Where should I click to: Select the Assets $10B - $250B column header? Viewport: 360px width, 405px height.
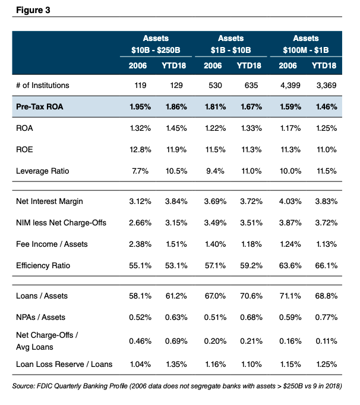pos(156,43)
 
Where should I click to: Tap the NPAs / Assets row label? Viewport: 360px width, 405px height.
pos(39,318)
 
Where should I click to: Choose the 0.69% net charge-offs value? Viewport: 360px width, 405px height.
pos(175,340)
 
